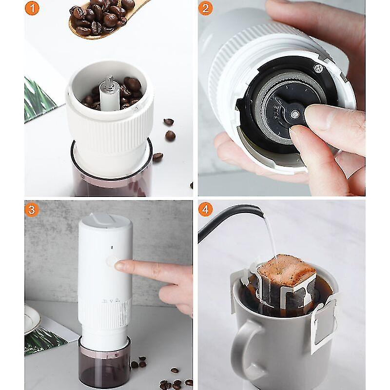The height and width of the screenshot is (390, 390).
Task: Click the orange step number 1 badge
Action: [32, 8]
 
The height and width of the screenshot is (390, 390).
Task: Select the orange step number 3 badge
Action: [32, 209]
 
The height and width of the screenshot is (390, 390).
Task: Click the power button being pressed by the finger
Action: [113, 262]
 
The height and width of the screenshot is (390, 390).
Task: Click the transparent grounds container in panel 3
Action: [104, 363]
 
